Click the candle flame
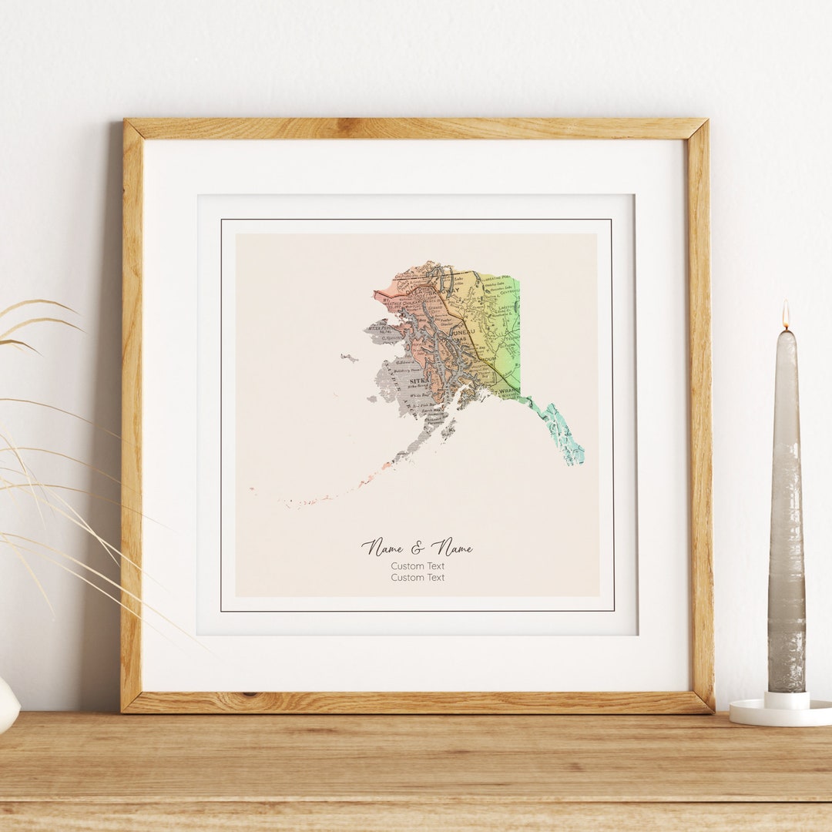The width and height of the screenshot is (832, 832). click(786, 316)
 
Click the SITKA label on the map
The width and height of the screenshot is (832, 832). click(420, 381)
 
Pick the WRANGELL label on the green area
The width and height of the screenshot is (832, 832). click(508, 391)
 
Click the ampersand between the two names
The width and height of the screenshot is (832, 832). click(417, 548)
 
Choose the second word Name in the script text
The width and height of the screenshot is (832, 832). click(451, 548)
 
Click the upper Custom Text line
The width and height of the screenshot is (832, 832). click(418, 566)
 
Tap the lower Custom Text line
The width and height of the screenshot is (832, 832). click(418, 578)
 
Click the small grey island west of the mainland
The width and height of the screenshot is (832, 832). click(350, 357)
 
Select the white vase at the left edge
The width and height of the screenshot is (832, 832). click(6, 705)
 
